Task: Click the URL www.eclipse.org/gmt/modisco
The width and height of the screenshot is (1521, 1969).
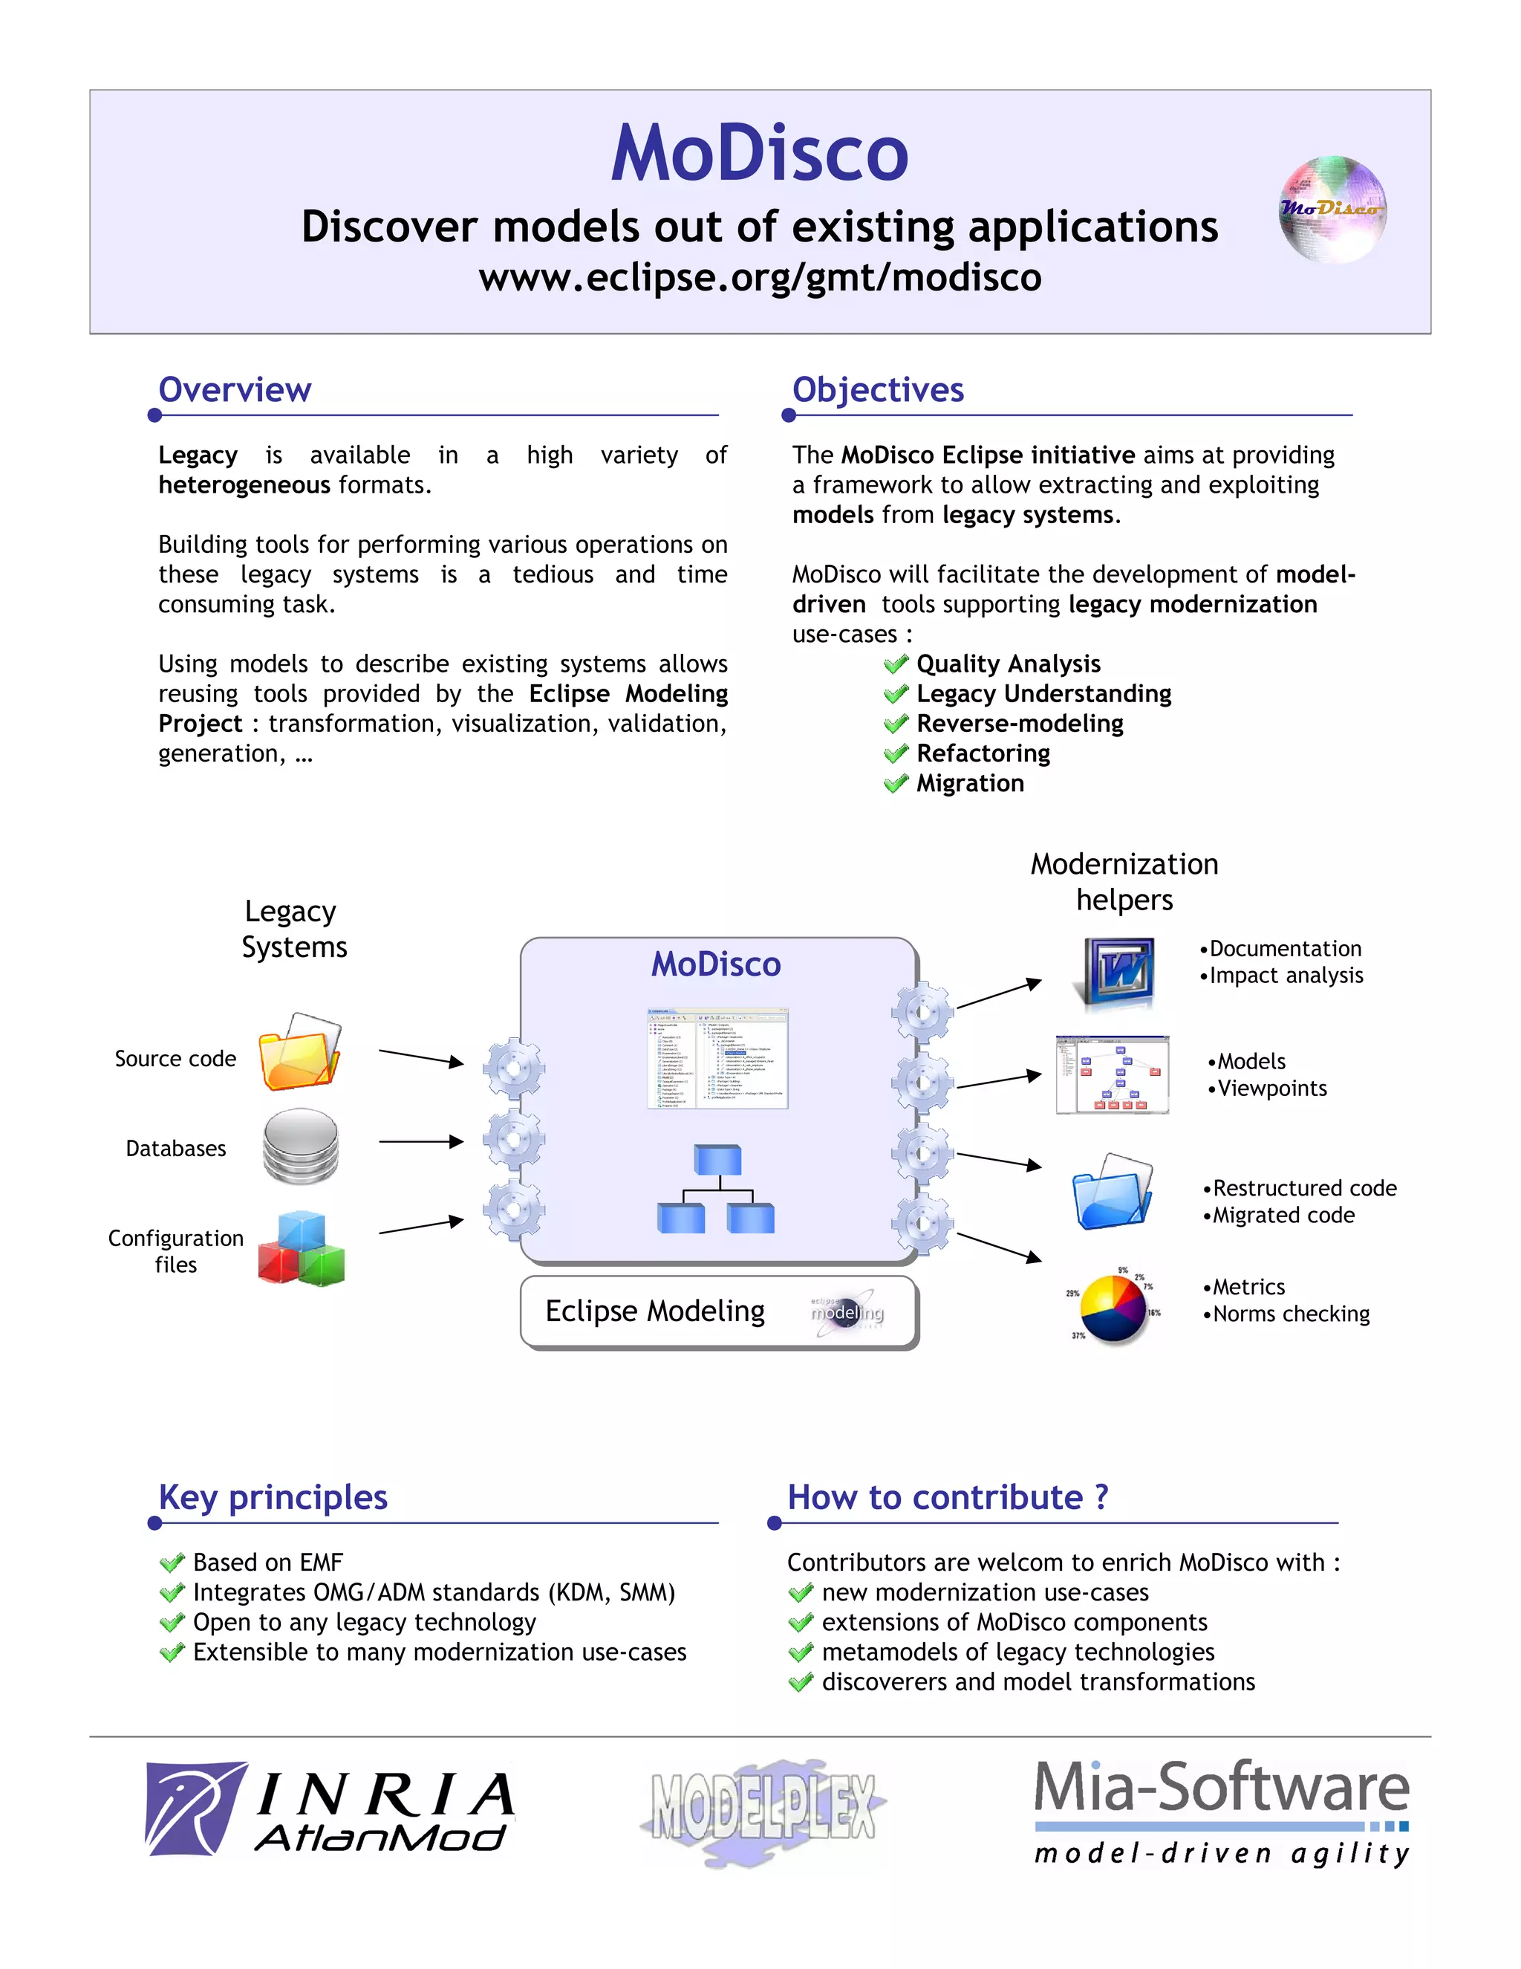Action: coord(760,277)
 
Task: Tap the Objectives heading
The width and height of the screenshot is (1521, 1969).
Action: coord(878,389)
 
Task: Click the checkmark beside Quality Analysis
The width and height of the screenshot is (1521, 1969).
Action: coord(896,664)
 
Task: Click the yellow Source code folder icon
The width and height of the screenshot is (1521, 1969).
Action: coord(299,1053)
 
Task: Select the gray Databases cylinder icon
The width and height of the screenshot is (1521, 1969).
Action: coord(300,1146)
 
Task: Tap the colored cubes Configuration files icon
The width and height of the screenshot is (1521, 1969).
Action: coord(301,1249)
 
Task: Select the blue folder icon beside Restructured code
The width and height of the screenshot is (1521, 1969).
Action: coord(1112,1192)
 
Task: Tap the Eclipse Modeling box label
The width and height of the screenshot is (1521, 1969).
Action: coord(655,1311)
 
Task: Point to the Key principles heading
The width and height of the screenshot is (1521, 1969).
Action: coord(273,1497)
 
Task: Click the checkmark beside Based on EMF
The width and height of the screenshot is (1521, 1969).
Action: coord(172,1563)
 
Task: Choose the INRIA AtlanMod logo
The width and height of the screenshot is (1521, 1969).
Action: coord(330,1809)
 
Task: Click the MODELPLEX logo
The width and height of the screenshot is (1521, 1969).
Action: coord(763,1809)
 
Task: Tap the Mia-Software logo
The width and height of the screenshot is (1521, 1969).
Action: coord(1221,1812)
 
